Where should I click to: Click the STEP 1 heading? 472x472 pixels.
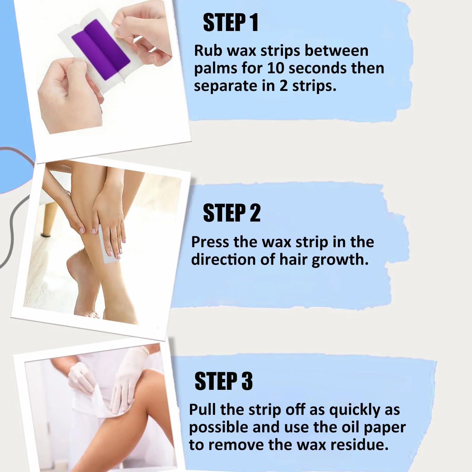[x=231, y=23]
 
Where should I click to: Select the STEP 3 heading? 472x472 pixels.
[x=224, y=381]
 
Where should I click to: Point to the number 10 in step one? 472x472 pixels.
[x=275, y=68]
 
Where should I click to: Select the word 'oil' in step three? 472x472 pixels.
[x=345, y=427]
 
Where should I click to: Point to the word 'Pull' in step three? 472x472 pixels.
[x=202, y=410]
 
